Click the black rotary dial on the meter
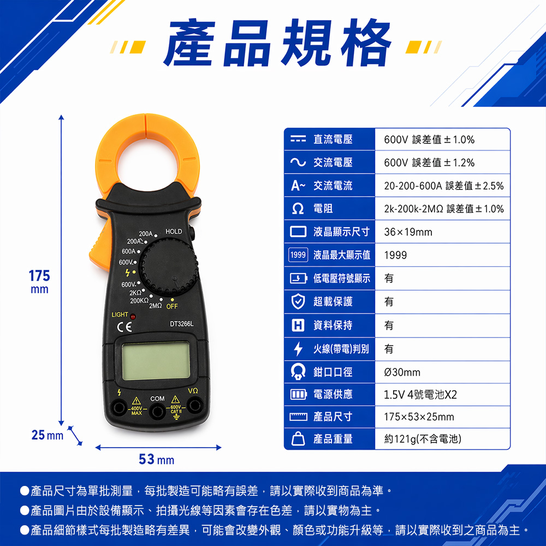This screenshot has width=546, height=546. (x=169, y=268)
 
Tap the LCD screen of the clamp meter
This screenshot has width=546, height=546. (x=156, y=361)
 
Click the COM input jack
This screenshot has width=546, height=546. (x=157, y=412)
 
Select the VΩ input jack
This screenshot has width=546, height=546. (x=194, y=405)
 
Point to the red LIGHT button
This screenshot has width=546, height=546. (x=133, y=317)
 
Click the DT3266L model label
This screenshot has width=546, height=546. (x=181, y=324)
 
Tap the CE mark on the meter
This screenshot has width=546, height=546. (x=124, y=327)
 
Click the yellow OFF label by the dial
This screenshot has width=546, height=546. (x=172, y=306)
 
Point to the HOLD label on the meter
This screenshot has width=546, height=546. (x=174, y=232)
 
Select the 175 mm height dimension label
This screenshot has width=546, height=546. (x=39, y=281)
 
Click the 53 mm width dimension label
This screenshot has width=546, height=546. (x=156, y=459)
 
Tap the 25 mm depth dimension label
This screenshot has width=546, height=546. (x=48, y=435)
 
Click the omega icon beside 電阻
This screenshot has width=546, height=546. (x=298, y=209)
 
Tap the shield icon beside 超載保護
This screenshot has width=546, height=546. (x=298, y=301)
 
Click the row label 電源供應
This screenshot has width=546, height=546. (x=333, y=395)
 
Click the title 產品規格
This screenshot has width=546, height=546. (x=277, y=43)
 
